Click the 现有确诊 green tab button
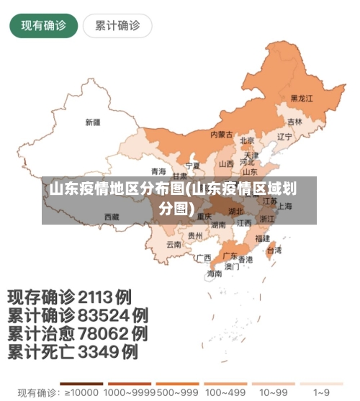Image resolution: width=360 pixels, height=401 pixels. (x=43, y=26)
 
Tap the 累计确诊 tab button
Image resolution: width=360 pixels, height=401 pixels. (x=117, y=26)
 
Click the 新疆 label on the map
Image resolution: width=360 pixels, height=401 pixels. (x=92, y=122)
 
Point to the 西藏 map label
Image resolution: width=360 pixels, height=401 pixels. (x=112, y=216)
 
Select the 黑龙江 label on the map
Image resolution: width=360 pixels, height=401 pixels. (x=302, y=98)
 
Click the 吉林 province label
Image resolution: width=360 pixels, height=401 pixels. (x=294, y=122)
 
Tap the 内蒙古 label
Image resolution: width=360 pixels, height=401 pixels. (x=221, y=135)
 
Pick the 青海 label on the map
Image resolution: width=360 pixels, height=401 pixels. (x=158, y=171)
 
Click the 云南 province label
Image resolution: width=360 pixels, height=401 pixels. (x=174, y=244)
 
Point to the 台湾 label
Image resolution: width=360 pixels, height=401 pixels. (x=274, y=251)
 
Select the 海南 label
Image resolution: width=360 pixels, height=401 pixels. (x=215, y=274)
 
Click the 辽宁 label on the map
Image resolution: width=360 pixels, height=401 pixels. (x=284, y=136)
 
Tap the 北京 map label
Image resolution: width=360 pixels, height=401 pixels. (x=247, y=140)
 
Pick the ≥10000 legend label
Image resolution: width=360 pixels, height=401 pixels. (x=81, y=392)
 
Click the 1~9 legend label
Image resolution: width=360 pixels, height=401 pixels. (x=322, y=392)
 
